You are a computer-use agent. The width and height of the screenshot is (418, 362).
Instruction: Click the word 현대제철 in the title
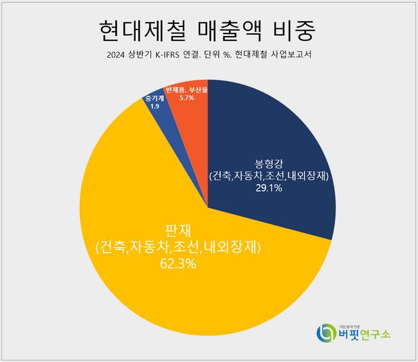click(x=136, y=29)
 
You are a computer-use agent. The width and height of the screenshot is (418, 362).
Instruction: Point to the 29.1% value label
click(x=268, y=188)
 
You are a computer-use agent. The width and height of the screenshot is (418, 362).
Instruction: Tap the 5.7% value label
click(x=187, y=99)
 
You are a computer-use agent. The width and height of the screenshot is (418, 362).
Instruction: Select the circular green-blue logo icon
click(x=326, y=332)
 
